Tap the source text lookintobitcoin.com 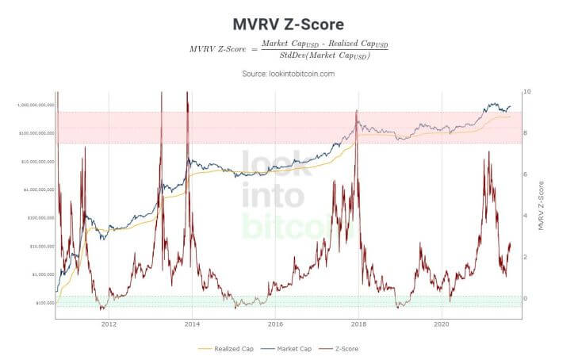pyautogui.click(x=289, y=74)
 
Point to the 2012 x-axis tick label pyautogui.click(x=109, y=324)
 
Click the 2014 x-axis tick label pyautogui.click(x=192, y=324)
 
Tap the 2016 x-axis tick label pyautogui.click(x=275, y=324)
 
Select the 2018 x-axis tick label pyautogui.click(x=358, y=324)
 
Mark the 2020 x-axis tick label pyautogui.click(x=442, y=324)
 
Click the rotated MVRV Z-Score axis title pyautogui.click(x=541, y=205)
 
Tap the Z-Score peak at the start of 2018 pyautogui.click(x=357, y=111)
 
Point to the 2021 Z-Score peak pyautogui.click(x=488, y=152)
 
